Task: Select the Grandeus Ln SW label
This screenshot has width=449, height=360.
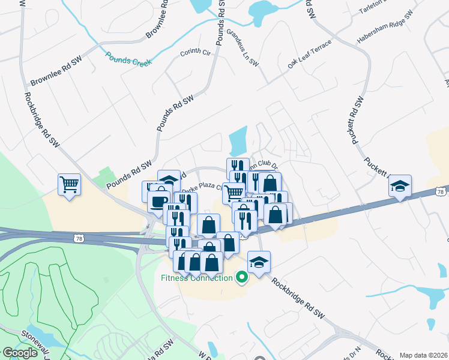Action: tap(243, 47)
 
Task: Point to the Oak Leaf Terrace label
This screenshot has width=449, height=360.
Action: tap(309, 55)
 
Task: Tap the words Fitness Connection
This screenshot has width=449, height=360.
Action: tap(196, 278)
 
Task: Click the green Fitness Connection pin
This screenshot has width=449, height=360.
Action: tap(242, 277)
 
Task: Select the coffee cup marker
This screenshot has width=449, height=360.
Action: tap(159, 201)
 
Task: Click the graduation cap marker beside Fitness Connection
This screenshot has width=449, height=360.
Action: tap(259, 262)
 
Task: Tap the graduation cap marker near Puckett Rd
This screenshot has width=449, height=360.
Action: tap(400, 185)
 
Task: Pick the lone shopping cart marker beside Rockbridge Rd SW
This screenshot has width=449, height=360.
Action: tap(70, 184)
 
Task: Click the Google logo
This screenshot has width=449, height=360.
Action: tap(20, 353)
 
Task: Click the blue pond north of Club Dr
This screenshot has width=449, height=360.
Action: tap(238, 142)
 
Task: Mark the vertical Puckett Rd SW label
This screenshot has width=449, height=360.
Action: tap(358, 120)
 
